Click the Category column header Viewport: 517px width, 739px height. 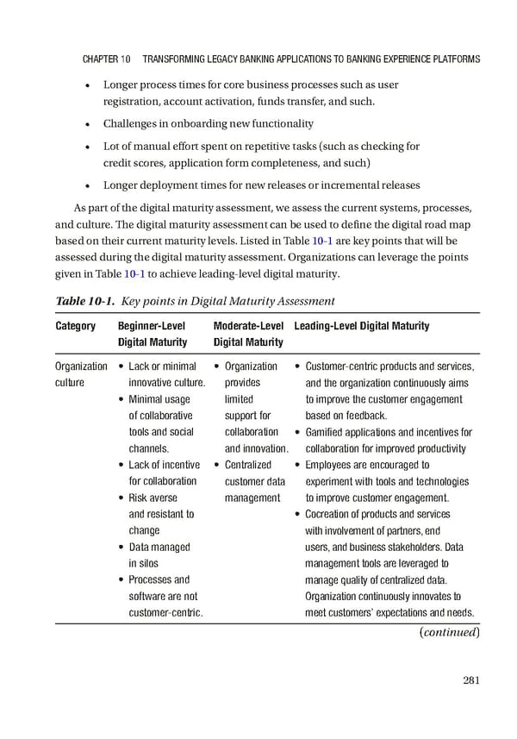75,326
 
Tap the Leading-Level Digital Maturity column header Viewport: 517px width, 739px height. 361,326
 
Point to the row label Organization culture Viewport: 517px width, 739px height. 81,374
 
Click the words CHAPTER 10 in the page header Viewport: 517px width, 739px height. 106,59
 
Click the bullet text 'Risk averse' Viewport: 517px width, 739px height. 153,498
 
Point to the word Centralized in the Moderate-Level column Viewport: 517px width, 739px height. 247,465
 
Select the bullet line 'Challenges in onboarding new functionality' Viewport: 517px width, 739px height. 209,123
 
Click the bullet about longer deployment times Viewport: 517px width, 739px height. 249,185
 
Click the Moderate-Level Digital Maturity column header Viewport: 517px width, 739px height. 248,334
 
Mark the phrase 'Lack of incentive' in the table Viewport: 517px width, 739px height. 165,465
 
